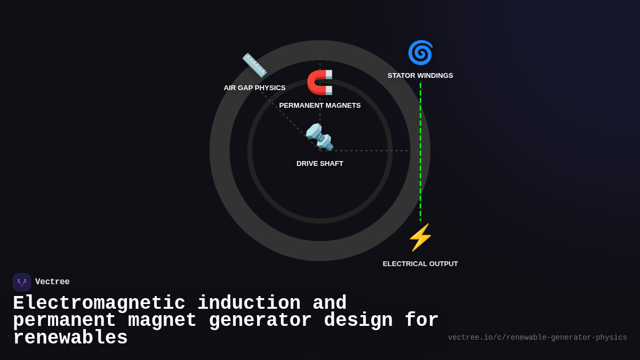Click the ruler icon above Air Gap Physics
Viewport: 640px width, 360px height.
[x=254, y=65]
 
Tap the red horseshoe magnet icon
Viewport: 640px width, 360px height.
[x=320, y=82]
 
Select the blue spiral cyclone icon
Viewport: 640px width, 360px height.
[x=420, y=52]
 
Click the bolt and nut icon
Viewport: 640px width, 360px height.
[x=319, y=137]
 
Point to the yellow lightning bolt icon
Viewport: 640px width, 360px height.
[x=420, y=237]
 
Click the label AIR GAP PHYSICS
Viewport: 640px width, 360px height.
[x=254, y=88]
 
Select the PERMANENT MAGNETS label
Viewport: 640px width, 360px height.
[x=320, y=106]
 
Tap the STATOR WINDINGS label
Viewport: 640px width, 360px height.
[x=420, y=76]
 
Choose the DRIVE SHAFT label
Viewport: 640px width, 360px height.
[x=320, y=164]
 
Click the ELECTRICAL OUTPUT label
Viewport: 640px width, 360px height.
[x=420, y=264]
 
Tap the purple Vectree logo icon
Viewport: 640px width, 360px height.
[x=22, y=282]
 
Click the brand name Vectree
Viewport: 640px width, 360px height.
[x=52, y=282]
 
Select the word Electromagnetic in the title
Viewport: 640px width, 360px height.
[x=99, y=303]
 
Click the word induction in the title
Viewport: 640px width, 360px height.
[x=249, y=303]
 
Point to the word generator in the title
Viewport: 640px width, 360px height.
[x=260, y=321]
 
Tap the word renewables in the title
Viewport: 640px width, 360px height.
[x=70, y=338]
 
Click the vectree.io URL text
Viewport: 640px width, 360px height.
[x=537, y=338]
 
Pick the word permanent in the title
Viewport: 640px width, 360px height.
[x=65, y=321]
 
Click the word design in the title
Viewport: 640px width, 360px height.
[x=358, y=321]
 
